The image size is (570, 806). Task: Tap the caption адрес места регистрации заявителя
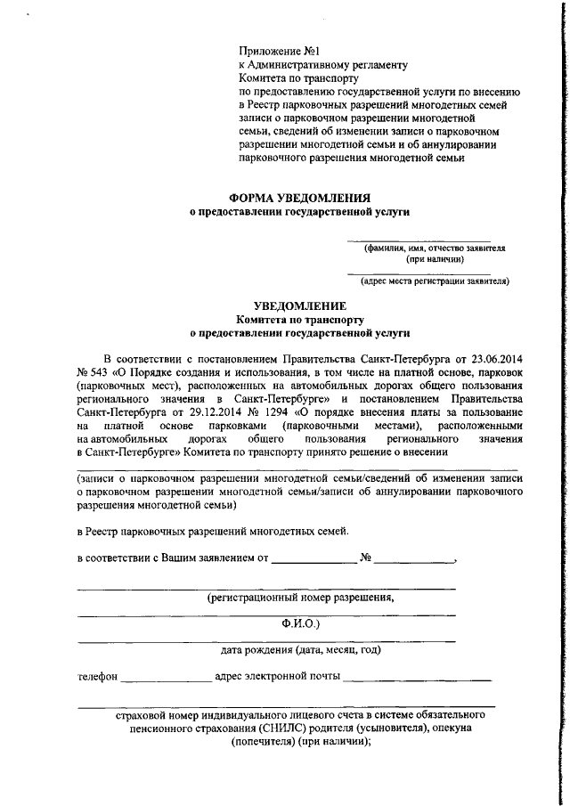click(x=435, y=281)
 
